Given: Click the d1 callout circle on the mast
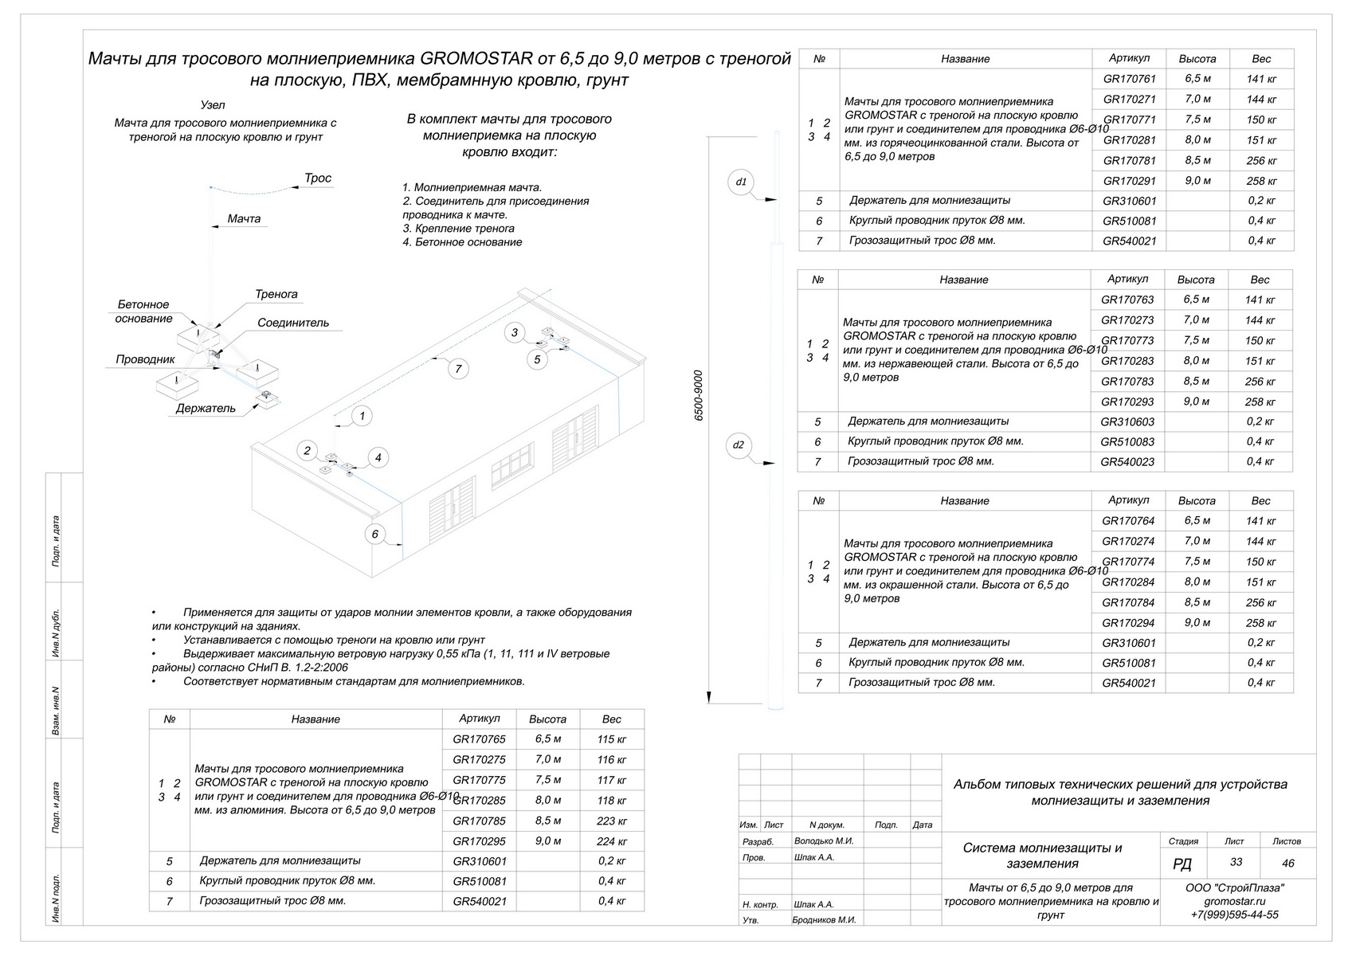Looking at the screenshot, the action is tap(741, 182).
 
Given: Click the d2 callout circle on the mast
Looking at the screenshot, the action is tap(739, 445).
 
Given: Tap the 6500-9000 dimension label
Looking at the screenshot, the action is tap(699, 395).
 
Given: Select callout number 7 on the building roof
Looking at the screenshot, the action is tap(458, 369).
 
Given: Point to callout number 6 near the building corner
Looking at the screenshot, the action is tap(374, 534).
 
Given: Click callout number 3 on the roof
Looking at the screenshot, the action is tap(514, 332).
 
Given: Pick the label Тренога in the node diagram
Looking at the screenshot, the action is tap(276, 295).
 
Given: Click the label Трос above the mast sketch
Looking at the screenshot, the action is tap(317, 178).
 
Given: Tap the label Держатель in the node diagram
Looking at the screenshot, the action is tap(206, 409).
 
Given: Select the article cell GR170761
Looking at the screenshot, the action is tap(1129, 78).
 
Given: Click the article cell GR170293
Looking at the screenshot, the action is tap(1127, 402).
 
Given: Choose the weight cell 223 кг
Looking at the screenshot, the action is tap(611, 821).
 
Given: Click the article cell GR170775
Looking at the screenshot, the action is tap(479, 780).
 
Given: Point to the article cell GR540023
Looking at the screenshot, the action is tap(1127, 462).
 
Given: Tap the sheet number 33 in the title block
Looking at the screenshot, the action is tap(1236, 862).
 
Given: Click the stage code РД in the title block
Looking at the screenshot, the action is tap(1182, 864).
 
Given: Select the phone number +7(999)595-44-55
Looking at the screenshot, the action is tap(1234, 915).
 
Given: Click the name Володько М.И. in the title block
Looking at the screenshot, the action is tap(823, 840).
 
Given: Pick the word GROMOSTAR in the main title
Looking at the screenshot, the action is tap(476, 58).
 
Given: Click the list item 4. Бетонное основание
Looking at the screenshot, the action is tap(462, 242).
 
